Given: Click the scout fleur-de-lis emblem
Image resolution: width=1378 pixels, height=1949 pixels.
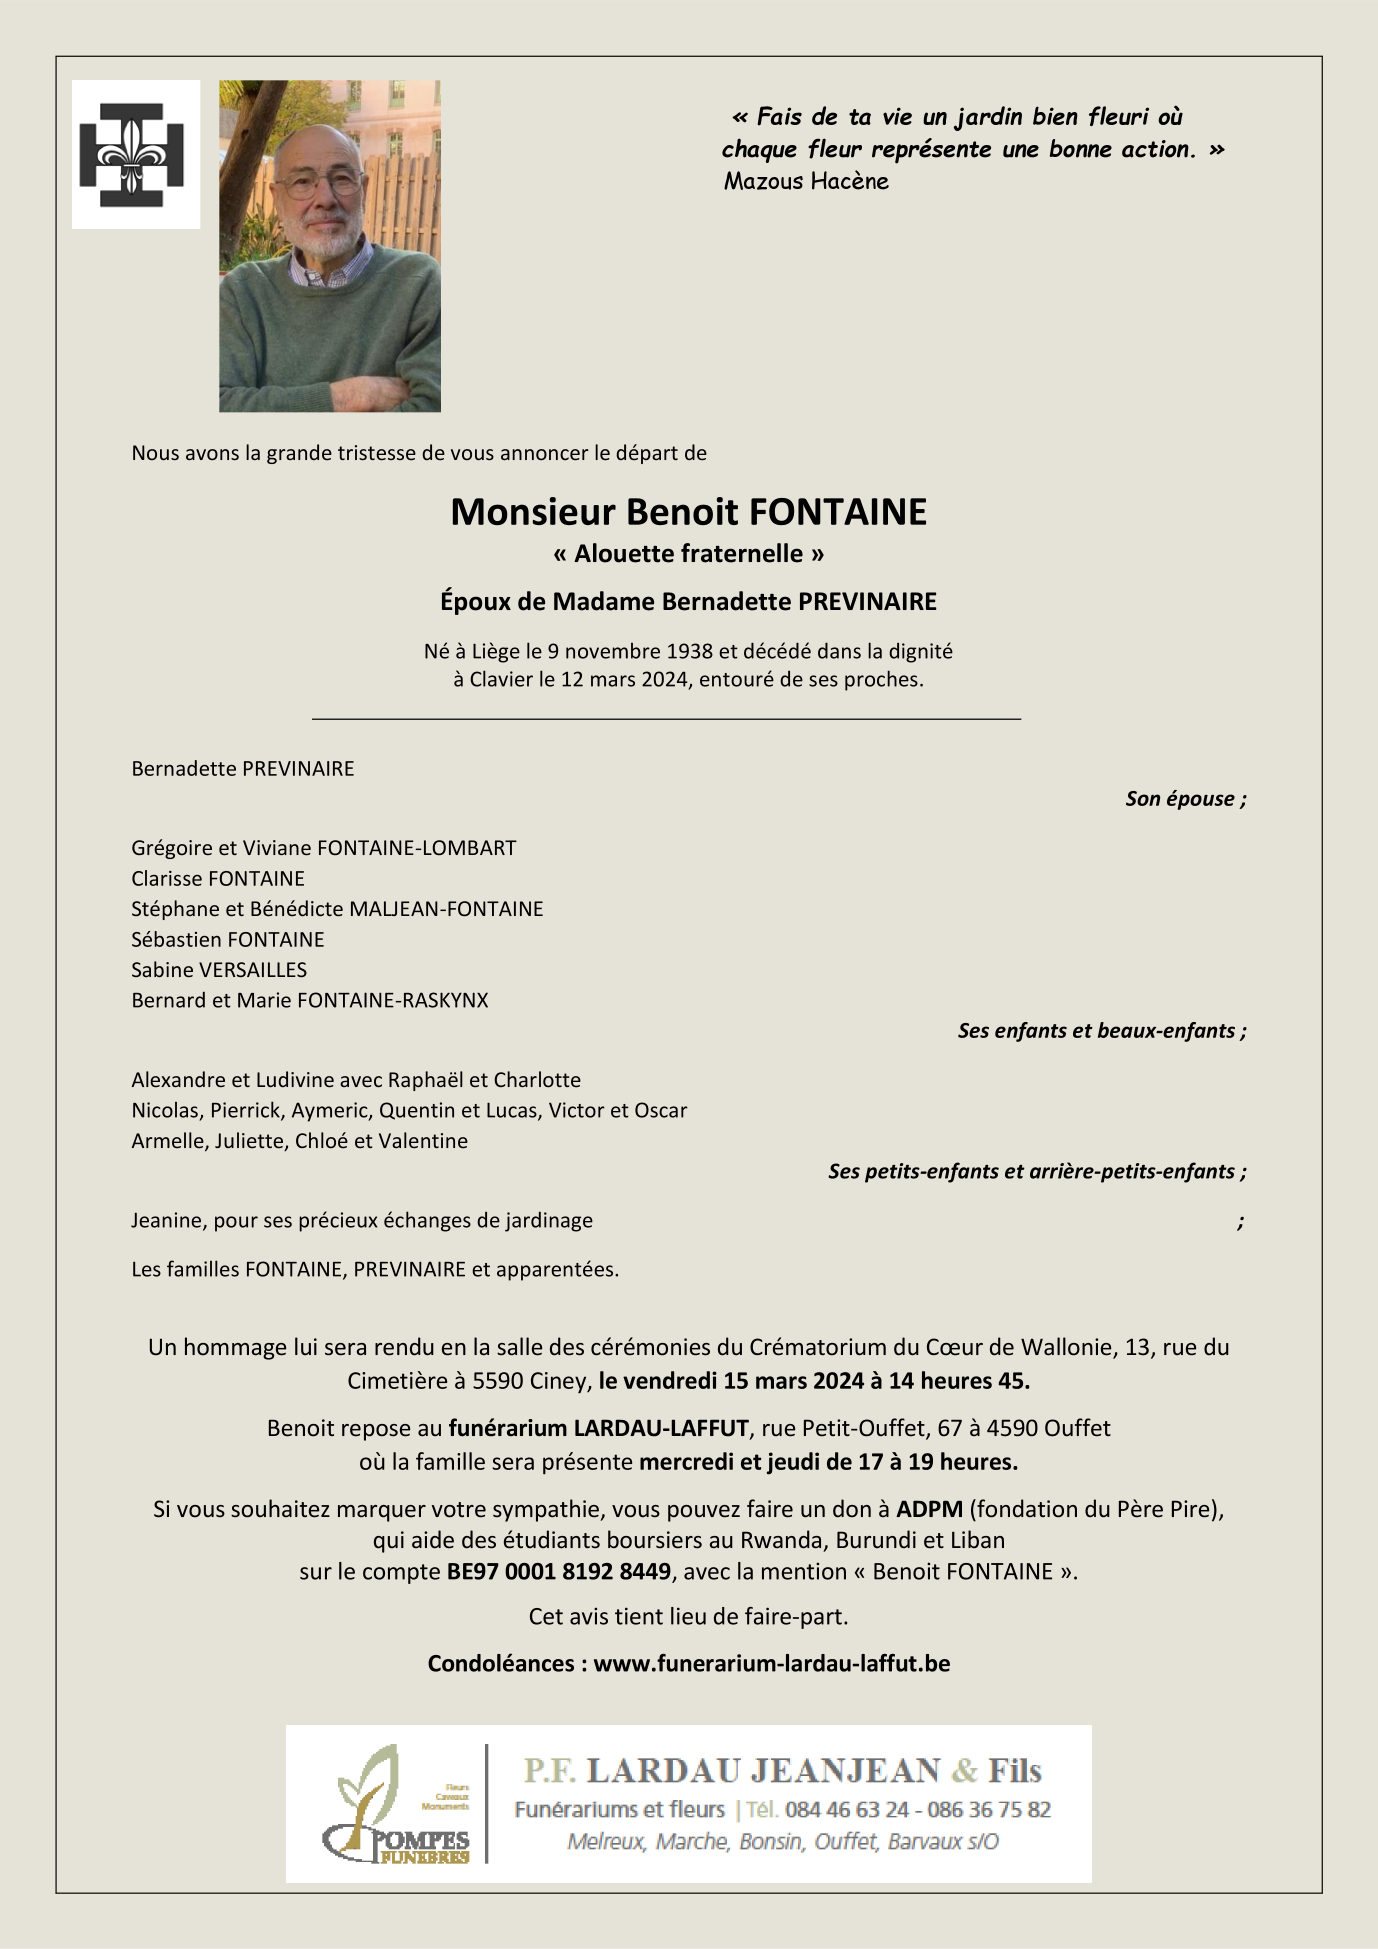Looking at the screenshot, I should (x=132, y=154).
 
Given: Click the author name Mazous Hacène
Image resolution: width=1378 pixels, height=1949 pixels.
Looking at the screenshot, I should (x=806, y=181).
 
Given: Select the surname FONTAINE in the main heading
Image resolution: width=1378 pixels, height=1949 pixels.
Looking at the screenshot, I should (x=837, y=512).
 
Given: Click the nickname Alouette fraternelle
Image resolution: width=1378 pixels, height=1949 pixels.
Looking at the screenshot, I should (x=688, y=554).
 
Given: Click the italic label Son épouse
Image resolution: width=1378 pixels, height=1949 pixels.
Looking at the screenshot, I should (x=1185, y=798).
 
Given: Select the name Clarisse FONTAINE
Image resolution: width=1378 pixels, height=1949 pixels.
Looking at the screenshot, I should (x=218, y=878).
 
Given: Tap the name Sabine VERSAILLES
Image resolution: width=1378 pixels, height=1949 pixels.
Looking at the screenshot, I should (x=219, y=969).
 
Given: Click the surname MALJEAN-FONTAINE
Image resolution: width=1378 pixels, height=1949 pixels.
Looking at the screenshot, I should (x=446, y=909).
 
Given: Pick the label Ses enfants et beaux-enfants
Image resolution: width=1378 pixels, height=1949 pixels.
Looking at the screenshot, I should (x=1101, y=1030).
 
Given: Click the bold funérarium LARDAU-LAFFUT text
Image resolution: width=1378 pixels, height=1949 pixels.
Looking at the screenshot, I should (x=598, y=1428).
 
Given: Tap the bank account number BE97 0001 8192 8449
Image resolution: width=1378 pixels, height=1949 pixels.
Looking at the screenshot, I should (x=559, y=1571).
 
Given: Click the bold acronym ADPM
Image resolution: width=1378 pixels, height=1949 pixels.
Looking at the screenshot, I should (x=929, y=1509).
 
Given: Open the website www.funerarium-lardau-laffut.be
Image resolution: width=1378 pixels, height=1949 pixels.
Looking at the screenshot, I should (x=771, y=1663).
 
